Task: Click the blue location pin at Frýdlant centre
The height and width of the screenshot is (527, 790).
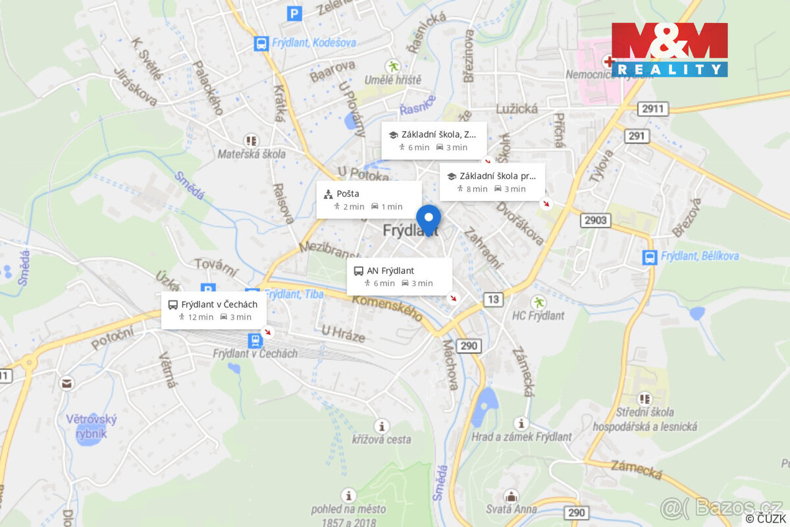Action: tap(429, 219)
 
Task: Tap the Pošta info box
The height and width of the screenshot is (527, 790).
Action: tap(369, 200)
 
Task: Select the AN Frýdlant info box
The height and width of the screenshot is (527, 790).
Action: tap(400, 277)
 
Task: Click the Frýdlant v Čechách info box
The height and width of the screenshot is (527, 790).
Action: tap(214, 310)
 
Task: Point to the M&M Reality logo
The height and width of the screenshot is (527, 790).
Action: tap(669, 49)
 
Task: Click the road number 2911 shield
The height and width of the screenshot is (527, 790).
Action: tap(653, 109)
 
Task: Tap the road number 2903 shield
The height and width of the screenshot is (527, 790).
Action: tap(595, 220)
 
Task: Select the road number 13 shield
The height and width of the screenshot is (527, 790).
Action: tap(493, 300)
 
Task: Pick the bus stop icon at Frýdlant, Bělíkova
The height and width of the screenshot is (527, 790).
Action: tap(650, 257)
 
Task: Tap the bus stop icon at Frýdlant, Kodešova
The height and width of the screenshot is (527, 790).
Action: tap(261, 43)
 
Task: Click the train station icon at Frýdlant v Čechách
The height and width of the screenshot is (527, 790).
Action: tap(255, 340)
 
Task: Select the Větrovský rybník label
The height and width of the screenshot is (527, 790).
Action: tap(92, 425)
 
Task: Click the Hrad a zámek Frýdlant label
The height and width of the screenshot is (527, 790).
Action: tap(521, 437)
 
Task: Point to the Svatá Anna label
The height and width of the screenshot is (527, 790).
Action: tap(511, 509)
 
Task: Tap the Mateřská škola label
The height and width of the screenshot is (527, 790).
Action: tap(251, 154)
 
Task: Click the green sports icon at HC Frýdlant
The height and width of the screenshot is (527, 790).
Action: tap(539, 302)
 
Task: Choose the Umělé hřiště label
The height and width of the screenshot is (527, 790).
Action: tap(394, 80)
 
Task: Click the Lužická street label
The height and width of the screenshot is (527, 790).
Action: tap(517, 109)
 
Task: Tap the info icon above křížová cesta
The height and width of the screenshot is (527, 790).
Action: tap(381, 426)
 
